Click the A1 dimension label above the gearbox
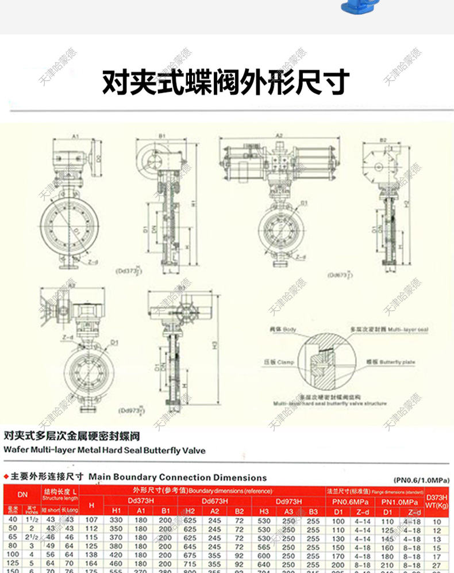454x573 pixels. point(75,137)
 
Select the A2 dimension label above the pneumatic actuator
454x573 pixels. point(279,136)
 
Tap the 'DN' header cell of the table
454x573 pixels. point(22,494)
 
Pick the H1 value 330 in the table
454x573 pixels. point(116,521)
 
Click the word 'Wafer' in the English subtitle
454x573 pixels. point(16,450)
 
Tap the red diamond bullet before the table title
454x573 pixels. point(6,477)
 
